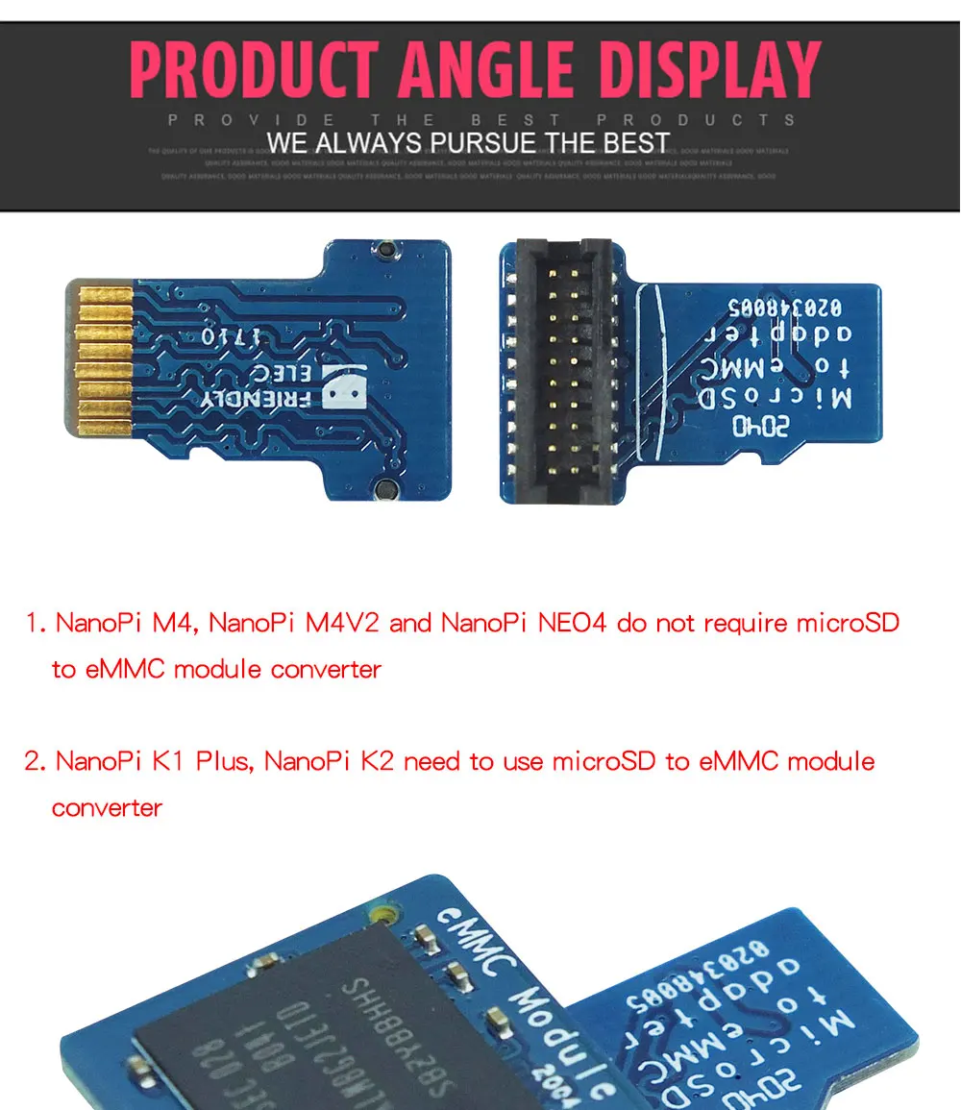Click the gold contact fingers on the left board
click(x=103, y=357)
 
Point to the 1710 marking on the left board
click(x=224, y=337)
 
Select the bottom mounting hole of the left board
click(x=385, y=488)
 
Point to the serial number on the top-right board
click(x=781, y=308)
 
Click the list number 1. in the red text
click(x=36, y=623)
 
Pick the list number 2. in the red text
click(x=36, y=761)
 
